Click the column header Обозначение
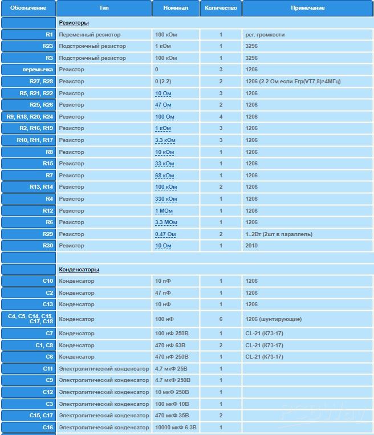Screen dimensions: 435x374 coord(28,8)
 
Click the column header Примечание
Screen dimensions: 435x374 coord(307,8)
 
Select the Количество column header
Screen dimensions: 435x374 coord(221,8)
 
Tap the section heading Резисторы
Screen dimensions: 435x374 coord(74,23)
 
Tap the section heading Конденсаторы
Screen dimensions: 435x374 coord(79,270)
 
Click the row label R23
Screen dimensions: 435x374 coord(47,46)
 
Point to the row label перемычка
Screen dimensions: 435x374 coord(37,70)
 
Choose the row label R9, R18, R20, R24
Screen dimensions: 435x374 coord(30,117)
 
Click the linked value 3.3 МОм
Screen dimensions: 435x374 coord(166,222)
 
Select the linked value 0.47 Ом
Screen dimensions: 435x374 coord(165,234)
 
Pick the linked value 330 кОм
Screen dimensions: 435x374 coord(166,199)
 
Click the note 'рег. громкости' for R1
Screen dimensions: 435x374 coord(265,35)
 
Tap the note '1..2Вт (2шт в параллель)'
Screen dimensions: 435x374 coord(279,234)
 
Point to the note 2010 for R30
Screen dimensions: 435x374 coord(251,246)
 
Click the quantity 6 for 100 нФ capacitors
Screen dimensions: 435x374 coord(221,319)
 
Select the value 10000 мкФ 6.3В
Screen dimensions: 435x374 coord(176,428)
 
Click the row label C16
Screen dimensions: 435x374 coord(47,428)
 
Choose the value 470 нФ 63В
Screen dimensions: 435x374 coord(172,345)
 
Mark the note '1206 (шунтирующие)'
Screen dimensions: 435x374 coord(274,319)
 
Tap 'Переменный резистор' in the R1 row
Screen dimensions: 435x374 coord(90,35)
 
